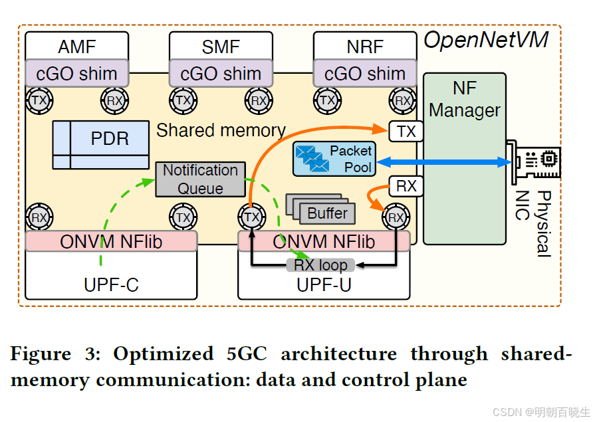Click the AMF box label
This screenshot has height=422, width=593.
pos(77,47)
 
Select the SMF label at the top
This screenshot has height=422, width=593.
pos(221,47)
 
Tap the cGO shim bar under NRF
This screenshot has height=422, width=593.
pos(365,73)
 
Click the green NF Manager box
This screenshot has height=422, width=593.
pos(464,159)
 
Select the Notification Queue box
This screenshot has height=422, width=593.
pos(200,179)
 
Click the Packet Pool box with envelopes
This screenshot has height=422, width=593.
pos(334,159)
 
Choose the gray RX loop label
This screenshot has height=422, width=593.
pos(320,265)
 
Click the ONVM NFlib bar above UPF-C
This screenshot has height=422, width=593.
pos(111,241)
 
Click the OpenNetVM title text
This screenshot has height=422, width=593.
pos(486,41)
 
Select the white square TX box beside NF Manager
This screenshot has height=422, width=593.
pos(406,132)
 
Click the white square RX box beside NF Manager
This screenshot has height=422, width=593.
pos(406,186)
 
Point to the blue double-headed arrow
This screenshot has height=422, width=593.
pos(441,161)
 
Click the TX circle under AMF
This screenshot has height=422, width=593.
pos(37,100)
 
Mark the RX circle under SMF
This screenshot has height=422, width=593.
pos(259,100)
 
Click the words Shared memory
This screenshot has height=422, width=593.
pos(221,130)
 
